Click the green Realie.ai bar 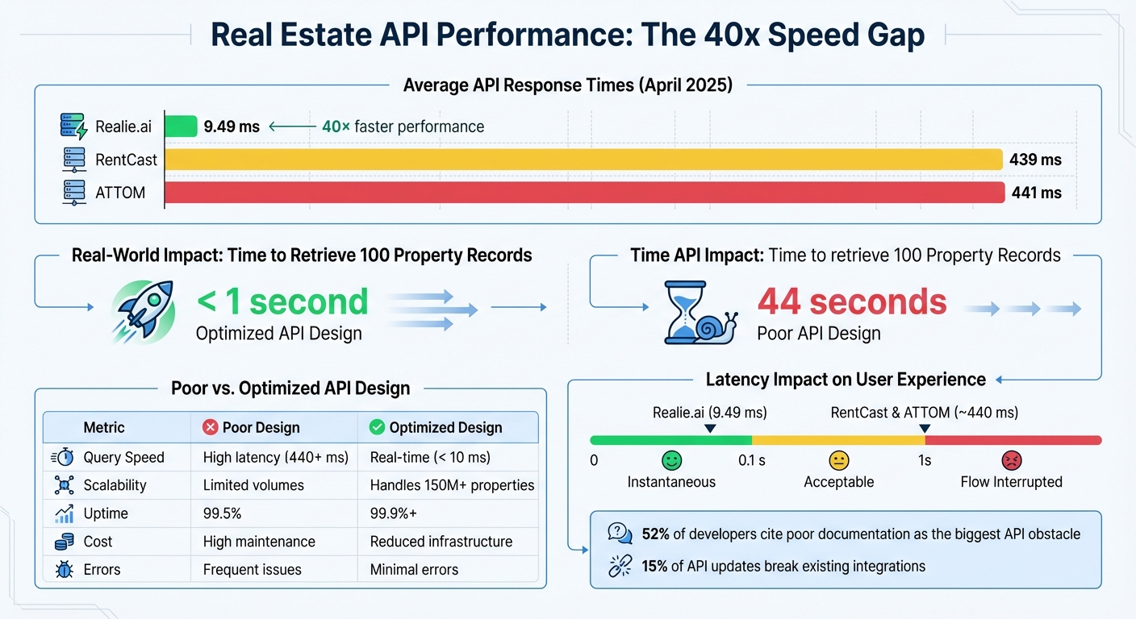coord(181,127)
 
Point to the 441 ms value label coord(1035,193)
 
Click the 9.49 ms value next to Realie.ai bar coord(232,127)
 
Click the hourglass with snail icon coord(698,313)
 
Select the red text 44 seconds coord(851,302)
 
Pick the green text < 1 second coord(282,302)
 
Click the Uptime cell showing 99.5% coord(222,513)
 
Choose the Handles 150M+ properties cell coord(452,485)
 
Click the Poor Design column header coord(260,427)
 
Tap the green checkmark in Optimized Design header coord(376,427)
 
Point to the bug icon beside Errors coord(64,570)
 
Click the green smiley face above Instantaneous coord(671,460)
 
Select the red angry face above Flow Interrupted coord(1011,460)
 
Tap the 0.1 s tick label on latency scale coord(752,460)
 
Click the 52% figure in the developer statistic coord(655,534)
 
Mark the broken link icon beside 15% coord(620,565)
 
